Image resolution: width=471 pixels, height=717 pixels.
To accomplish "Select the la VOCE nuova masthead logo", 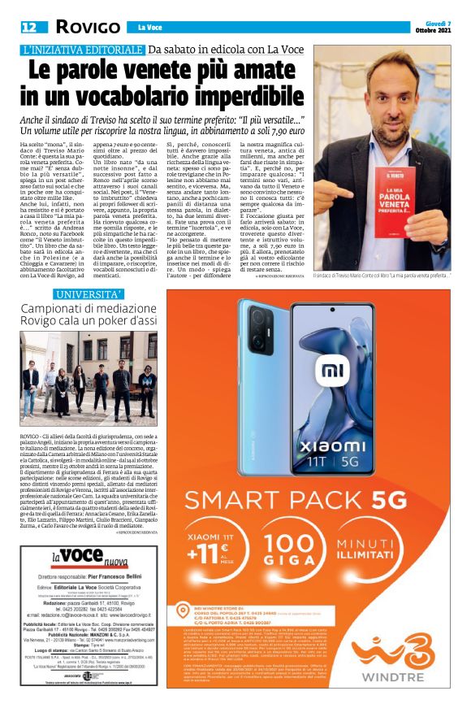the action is click(77, 558).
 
